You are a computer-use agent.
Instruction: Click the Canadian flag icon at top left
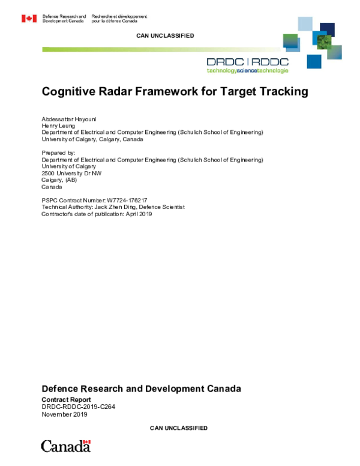[29, 19]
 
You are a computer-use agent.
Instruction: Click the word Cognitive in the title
[69, 92]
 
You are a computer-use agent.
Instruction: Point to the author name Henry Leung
[57, 126]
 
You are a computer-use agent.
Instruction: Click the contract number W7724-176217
[127, 200]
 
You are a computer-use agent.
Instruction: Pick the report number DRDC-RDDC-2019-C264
[78, 406]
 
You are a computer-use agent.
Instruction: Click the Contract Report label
[66, 399]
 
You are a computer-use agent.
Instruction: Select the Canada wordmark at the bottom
[65, 446]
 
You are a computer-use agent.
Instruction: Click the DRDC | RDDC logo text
[247, 61]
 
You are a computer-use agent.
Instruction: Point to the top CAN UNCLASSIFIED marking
[166, 36]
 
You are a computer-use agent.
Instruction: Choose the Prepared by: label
[59, 153]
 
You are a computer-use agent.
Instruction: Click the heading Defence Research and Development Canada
[141, 389]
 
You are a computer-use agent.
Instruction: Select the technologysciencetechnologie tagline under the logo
[247, 70]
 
